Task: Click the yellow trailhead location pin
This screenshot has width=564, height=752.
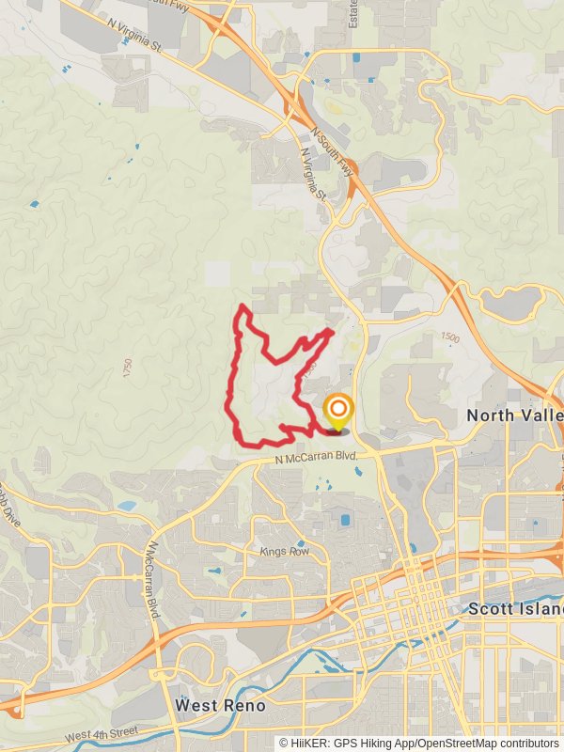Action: (337, 411)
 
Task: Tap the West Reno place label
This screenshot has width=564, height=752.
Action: (221, 704)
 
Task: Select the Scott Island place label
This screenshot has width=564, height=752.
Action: (515, 609)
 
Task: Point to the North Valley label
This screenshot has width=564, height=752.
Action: (514, 415)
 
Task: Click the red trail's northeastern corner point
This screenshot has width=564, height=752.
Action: (332, 331)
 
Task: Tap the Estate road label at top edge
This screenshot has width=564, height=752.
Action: (353, 13)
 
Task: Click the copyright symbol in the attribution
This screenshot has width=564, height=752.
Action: (284, 743)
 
